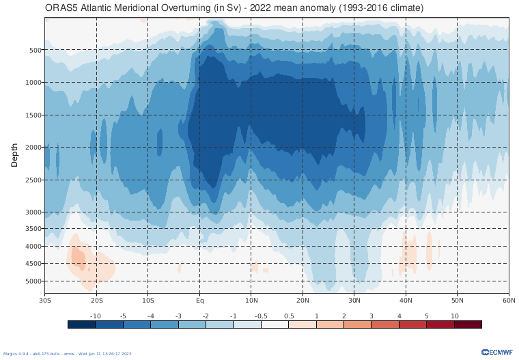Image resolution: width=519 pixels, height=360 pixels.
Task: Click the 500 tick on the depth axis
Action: click(36, 50)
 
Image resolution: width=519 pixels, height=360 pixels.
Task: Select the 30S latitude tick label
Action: click(46, 300)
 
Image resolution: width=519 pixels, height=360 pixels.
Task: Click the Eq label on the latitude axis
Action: click(199, 300)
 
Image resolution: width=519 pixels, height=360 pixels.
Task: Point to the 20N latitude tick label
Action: click(303, 300)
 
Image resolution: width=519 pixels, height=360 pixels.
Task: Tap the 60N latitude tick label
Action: click(508, 300)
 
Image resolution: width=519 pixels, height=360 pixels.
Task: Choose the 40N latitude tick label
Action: click(406, 300)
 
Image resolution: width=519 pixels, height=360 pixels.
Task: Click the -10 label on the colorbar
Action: click(96, 316)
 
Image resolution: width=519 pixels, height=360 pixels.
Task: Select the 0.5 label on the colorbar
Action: click(288, 316)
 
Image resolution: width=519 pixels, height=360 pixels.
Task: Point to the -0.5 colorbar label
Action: click(261, 316)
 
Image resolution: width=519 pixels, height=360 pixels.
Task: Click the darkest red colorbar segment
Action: click(468, 324)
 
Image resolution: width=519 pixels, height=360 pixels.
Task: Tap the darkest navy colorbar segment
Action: click(81, 324)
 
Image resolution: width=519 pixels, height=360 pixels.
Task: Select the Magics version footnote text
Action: click(67, 354)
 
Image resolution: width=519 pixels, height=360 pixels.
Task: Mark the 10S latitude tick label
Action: click(148, 300)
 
